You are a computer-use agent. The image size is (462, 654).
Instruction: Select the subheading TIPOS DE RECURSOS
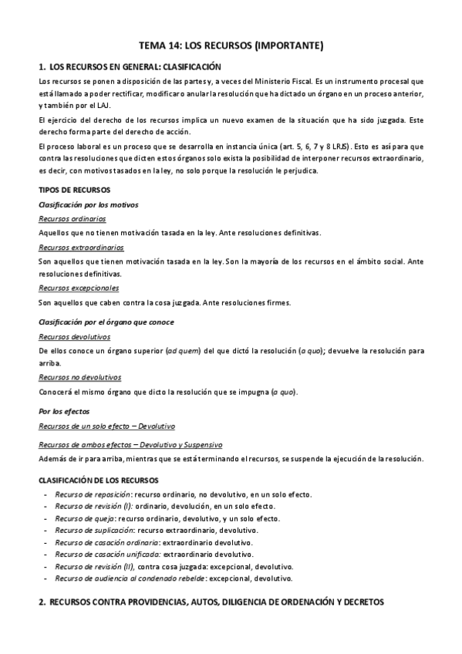tap(74, 190)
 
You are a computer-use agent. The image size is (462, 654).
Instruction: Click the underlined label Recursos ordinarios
tap(68, 218)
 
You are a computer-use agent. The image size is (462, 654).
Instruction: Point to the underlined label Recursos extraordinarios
tap(75, 247)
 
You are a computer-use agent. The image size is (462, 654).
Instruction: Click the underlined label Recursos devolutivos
tap(71, 336)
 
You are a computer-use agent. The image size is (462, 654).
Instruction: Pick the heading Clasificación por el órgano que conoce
tap(106, 322)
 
